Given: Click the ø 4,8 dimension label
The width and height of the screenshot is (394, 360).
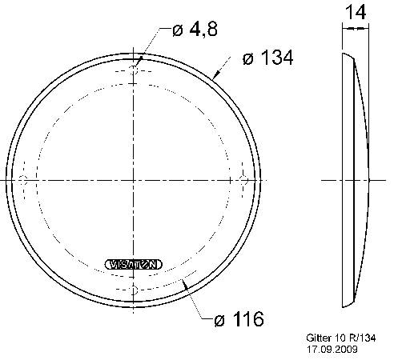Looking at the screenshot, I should point(195,30).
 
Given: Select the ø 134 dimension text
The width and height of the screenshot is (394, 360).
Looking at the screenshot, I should point(267,58).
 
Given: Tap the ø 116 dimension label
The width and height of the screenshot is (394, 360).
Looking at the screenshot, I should point(239,321).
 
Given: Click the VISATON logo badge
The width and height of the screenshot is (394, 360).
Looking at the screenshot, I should point(134,263).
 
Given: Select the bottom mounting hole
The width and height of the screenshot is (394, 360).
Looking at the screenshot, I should point(135,287).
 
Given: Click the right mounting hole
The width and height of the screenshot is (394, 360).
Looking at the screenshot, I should point(245,178).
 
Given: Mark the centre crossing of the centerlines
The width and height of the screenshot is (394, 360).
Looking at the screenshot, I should point(135,178).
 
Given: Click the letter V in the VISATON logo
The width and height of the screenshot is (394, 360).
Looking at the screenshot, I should point(111,263).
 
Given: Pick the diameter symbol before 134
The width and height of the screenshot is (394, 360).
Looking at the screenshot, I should point(247,58).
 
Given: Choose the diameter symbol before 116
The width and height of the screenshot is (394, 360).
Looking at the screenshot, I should point(219,321).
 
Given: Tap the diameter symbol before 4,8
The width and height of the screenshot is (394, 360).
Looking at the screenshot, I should point(178,31).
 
